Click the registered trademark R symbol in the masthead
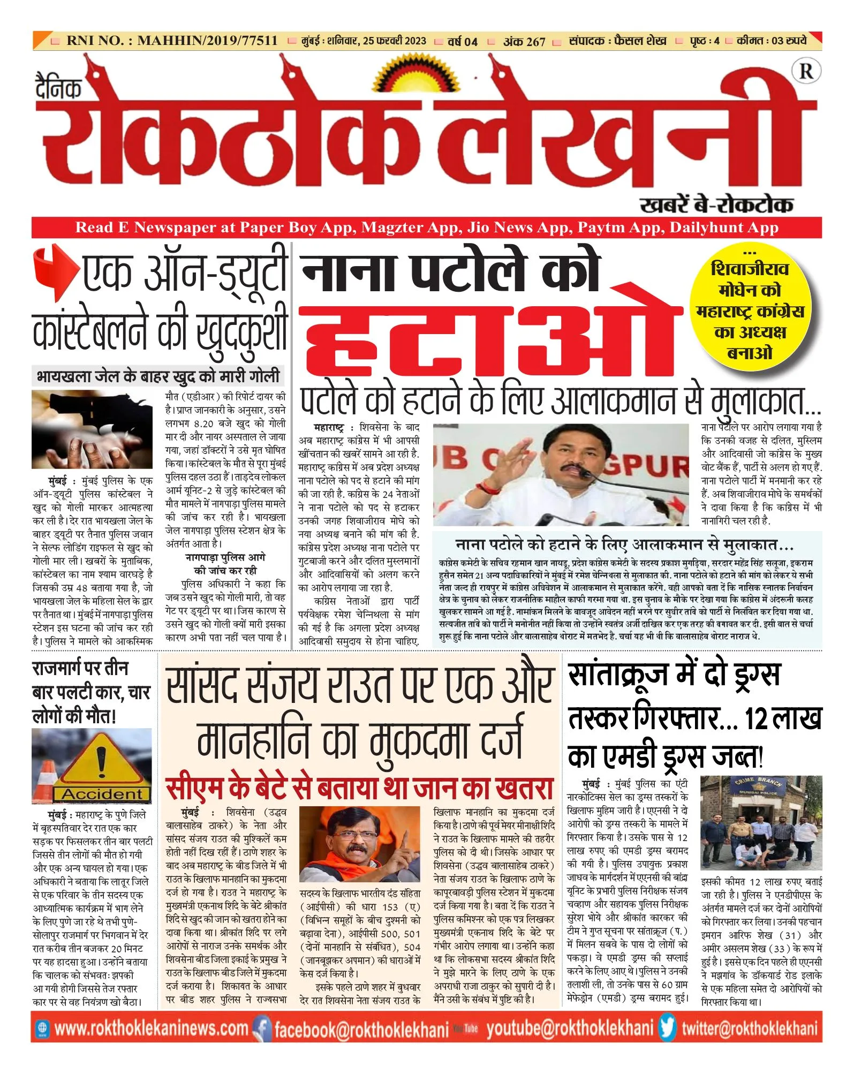(805, 71)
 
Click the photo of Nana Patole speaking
(560, 474)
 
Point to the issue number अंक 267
(524, 41)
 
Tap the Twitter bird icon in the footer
(667, 1027)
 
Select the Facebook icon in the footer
(262, 1027)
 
